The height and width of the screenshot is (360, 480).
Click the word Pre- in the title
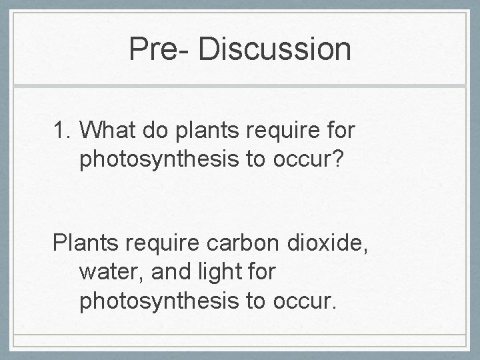point(155,49)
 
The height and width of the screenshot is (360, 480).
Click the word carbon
point(235,241)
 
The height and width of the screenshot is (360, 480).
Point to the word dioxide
point(322,241)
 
